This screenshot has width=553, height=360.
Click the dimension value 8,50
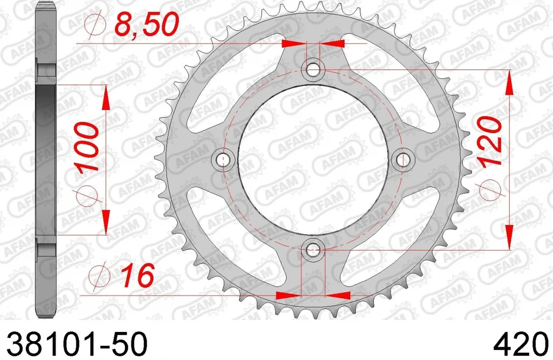(147, 24)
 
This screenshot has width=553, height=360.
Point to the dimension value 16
(137, 275)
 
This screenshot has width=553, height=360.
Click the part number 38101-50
(76, 344)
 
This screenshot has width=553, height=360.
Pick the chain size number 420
(521, 344)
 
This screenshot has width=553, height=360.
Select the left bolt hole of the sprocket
(222, 160)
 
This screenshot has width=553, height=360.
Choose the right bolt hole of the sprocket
(403, 160)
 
